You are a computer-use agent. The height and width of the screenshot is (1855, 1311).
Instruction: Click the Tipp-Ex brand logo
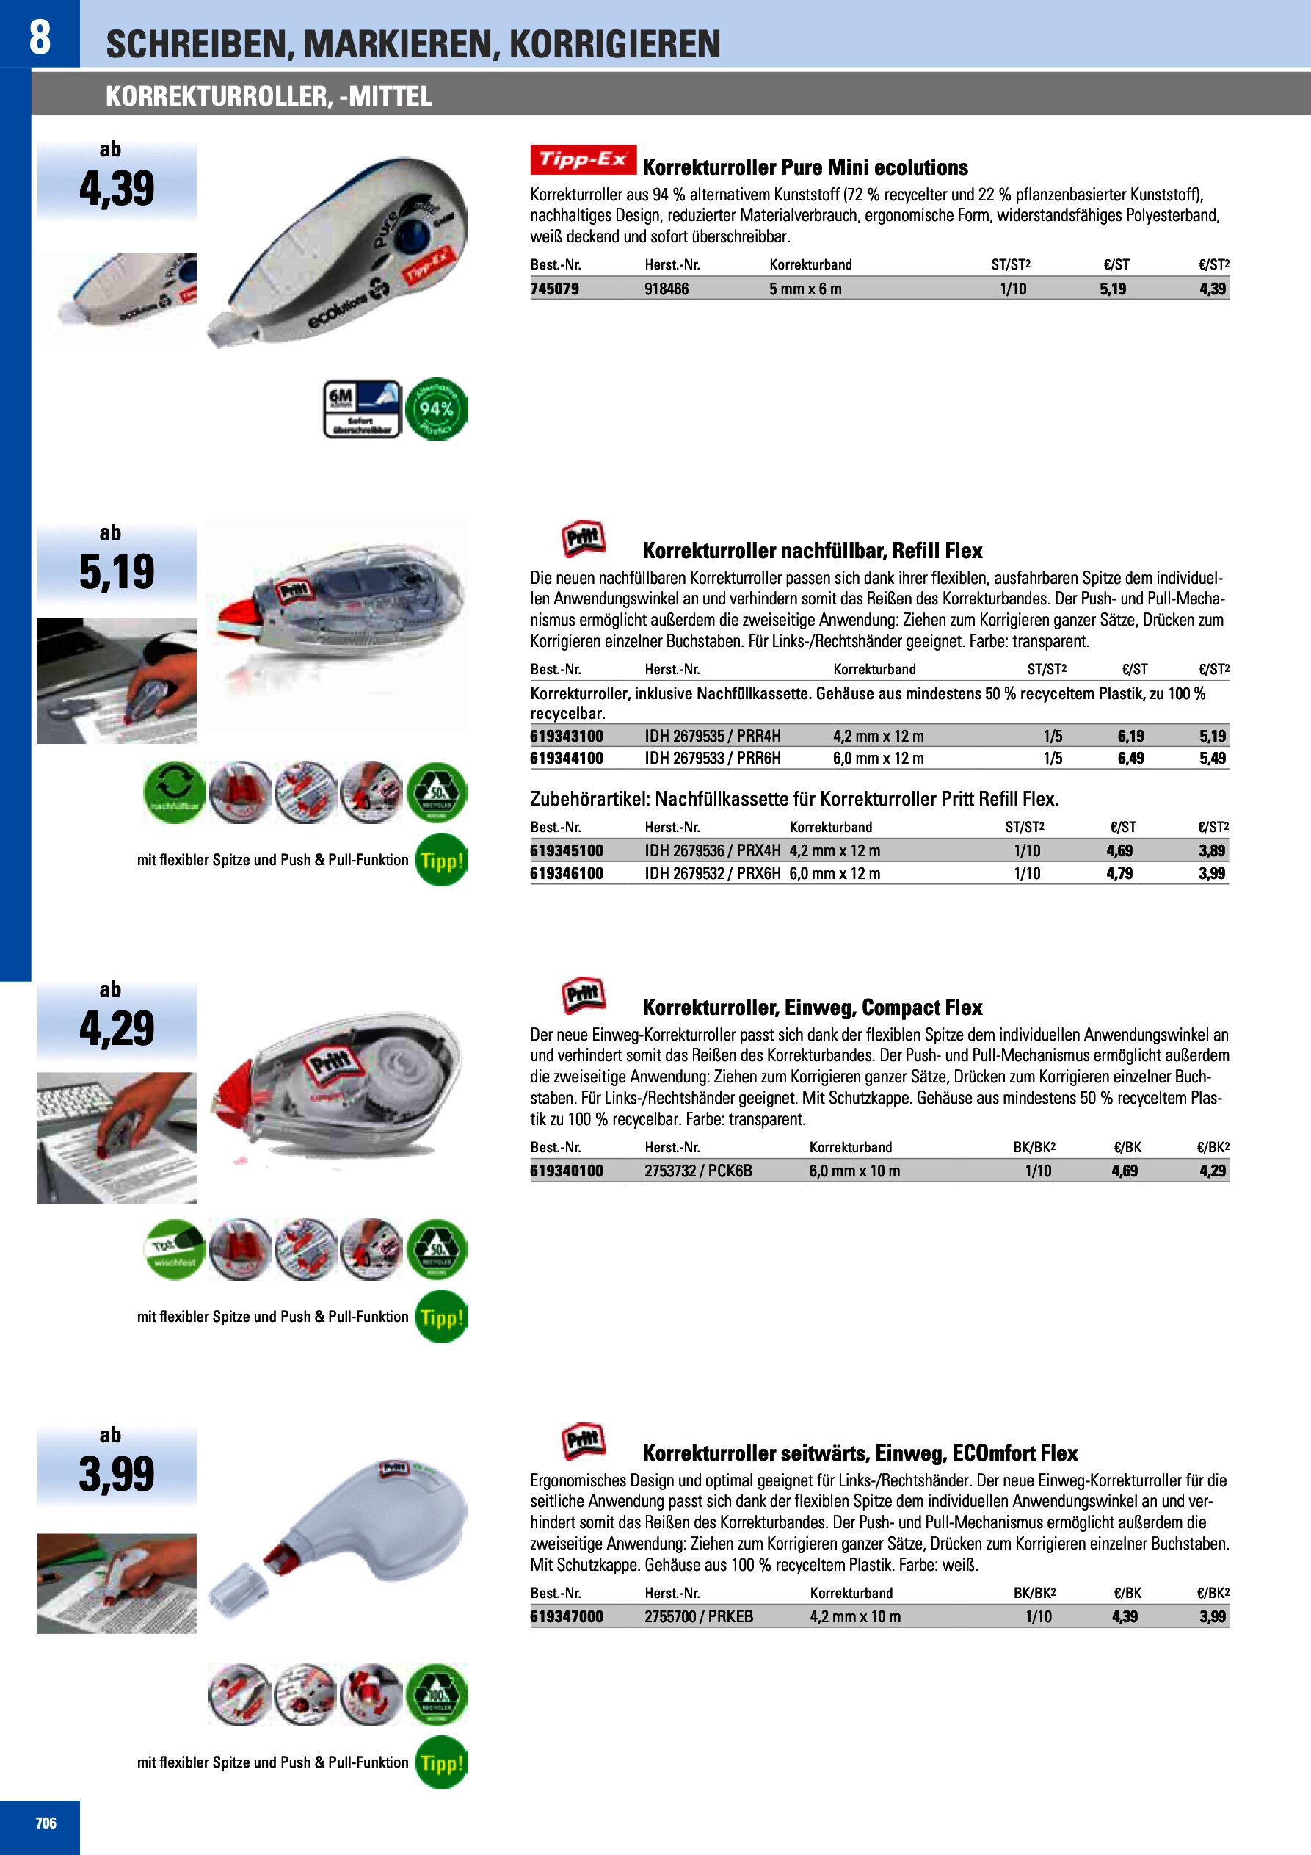(x=582, y=159)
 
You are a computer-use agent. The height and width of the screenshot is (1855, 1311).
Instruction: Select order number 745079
(x=554, y=289)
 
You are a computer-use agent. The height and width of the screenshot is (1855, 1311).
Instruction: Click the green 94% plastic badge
(x=436, y=409)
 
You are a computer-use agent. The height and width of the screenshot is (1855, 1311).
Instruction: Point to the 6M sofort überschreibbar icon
(x=362, y=409)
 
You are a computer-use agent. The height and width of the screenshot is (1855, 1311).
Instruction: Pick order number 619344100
(x=566, y=759)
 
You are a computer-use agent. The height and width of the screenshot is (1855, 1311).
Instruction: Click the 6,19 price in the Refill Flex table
(x=1130, y=736)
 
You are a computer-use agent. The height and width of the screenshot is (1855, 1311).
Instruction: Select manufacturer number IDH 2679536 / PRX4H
(x=711, y=850)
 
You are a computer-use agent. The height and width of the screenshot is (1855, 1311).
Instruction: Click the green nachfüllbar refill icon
(x=175, y=792)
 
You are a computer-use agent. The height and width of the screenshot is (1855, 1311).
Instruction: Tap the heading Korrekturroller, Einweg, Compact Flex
(x=812, y=1008)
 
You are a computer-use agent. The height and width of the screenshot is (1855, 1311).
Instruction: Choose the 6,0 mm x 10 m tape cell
(x=854, y=1171)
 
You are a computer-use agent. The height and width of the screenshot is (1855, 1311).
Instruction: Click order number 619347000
(x=566, y=1616)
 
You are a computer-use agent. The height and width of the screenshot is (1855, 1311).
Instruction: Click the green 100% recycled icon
(x=437, y=1694)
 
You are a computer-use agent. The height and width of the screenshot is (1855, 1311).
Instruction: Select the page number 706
(x=46, y=1823)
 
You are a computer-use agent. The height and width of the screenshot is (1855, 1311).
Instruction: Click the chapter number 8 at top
(x=40, y=37)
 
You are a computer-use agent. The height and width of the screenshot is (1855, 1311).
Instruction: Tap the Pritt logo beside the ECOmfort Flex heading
(x=584, y=1442)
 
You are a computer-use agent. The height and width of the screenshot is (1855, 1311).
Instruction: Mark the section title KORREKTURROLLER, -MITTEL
(x=268, y=97)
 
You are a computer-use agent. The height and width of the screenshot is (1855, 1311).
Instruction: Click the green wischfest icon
(x=175, y=1249)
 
